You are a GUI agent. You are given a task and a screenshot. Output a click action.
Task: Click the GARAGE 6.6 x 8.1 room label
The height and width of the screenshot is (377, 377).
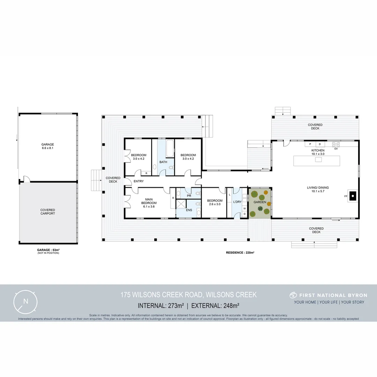click(x=48, y=146)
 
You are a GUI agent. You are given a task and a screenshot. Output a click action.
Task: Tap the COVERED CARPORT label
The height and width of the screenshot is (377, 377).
click(x=48, y=212)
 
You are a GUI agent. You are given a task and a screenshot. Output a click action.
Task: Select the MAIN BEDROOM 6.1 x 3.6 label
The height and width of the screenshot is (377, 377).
click(x=149, y=202)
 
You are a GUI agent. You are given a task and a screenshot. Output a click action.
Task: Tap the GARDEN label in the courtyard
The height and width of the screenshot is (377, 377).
click(x=260, y=202)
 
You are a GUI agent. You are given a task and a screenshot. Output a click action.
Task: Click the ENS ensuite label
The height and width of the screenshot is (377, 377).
click(x=189, y=210)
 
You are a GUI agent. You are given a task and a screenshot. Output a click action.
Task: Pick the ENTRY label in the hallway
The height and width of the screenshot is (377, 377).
click(x=139, y=181)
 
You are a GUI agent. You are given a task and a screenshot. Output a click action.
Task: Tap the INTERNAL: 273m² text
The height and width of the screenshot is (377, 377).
click(x=161, y=306)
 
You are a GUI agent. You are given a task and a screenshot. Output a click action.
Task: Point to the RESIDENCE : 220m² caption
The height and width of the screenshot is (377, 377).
click(x=240, y=252)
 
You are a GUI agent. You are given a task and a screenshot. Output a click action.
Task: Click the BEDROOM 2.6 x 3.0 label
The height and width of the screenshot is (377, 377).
click(x=214, y=202)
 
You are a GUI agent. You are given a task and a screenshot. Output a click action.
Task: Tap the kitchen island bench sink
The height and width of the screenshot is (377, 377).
click(x=318, y=160)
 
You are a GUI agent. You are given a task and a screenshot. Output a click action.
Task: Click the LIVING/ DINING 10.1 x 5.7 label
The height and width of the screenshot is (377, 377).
click(x=318, y=190)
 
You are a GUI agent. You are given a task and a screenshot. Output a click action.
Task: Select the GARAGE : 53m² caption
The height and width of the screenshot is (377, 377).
click(x=48, y=250)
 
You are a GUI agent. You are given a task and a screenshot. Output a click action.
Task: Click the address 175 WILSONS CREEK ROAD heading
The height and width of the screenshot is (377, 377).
click(x=188, y=295)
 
